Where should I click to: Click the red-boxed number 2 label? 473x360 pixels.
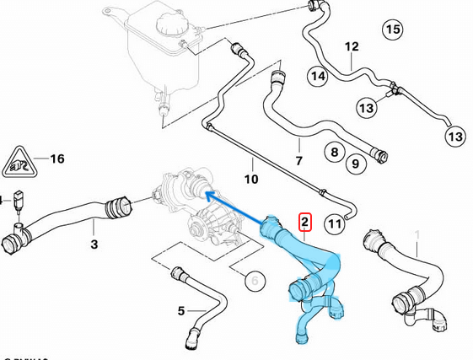pos(305,223)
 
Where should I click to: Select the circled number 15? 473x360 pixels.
pos(392,30)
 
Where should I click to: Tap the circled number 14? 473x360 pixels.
pos(317,76)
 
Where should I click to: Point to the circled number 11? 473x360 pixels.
pos(335,223)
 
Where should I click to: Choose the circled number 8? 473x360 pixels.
pos(334,153)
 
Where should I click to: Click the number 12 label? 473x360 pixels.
pos(352,46)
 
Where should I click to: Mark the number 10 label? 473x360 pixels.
pos(251,179)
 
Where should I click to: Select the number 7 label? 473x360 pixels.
pos(298,160)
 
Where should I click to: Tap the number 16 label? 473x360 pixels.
pos(56,159)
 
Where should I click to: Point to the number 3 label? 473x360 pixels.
pos(94,244)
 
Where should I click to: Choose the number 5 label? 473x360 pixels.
pos(181,311)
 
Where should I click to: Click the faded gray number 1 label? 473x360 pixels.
pos(415,234)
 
